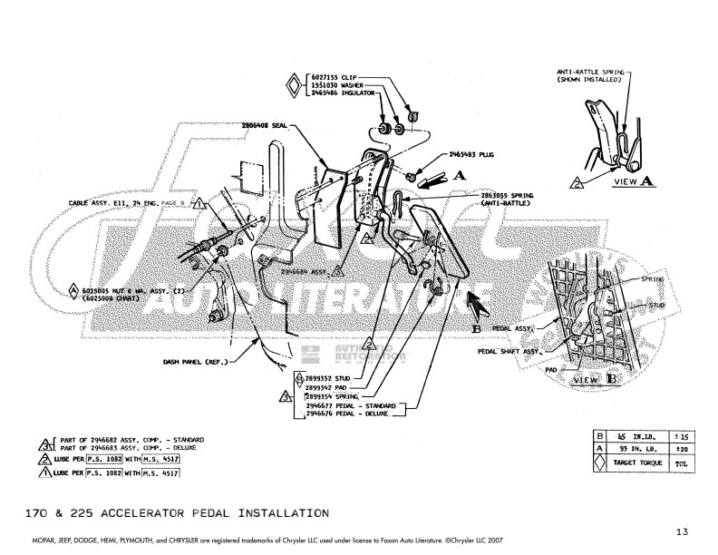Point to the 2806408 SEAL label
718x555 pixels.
point(264,125)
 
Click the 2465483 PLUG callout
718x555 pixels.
point(472,155)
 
